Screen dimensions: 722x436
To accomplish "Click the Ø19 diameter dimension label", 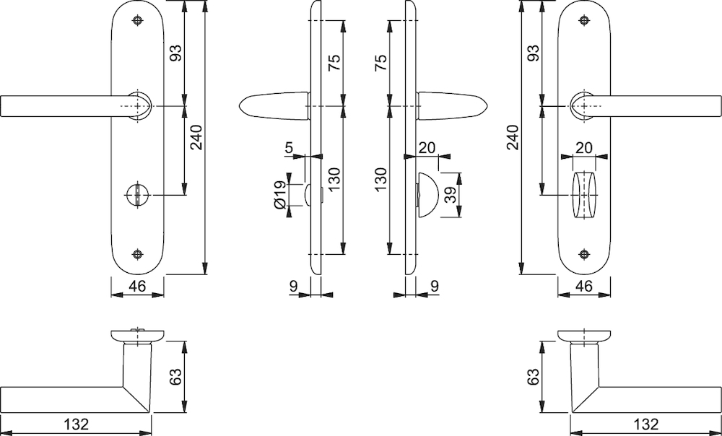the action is pos(279,195).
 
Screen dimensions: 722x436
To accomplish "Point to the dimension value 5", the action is pos(289,148).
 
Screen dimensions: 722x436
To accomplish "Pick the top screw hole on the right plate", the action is pos(584,19).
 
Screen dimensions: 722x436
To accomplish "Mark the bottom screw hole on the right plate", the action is pos(584,253).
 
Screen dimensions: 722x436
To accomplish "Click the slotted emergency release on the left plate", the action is pos(138,195).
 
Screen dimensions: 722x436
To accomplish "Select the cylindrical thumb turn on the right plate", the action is pos(584,195).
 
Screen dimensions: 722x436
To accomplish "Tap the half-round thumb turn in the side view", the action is pos(427,195).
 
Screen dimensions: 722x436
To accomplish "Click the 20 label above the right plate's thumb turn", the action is pos(584,148).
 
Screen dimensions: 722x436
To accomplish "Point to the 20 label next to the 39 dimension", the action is pos(427,148).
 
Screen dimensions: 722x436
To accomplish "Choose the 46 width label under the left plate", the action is pos(137,287).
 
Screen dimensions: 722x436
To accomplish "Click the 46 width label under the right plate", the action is pos(584,287).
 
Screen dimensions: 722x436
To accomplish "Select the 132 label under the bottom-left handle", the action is pos(76,424).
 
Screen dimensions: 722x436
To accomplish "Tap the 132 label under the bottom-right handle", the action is pos(646,424).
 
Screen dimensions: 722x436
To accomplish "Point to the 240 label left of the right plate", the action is pos(513,137).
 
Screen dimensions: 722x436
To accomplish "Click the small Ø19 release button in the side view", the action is pos(308,195).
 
